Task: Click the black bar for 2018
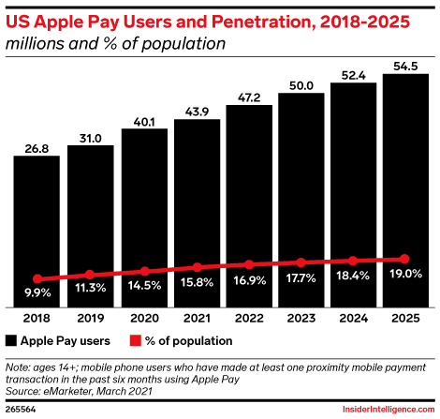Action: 37,232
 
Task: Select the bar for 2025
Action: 405,190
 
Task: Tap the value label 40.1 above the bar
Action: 144,122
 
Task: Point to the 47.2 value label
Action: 249,97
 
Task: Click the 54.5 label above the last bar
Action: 405,67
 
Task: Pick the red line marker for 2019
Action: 90,275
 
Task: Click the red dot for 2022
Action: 249,264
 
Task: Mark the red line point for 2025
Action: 404,259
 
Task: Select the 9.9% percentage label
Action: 37,292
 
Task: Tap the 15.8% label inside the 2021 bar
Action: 197,282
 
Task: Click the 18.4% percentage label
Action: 353,276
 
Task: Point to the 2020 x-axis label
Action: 144,318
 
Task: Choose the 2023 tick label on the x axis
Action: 301,318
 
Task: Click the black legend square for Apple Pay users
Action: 11,340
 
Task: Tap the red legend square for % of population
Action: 136,340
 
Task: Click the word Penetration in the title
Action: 263,22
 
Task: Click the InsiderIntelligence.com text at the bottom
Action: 389,410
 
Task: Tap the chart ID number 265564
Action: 21,410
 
